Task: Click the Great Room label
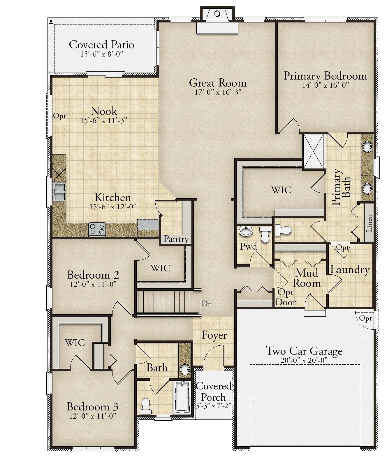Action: click(218, 83)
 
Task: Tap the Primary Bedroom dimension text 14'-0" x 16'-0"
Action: click(325, 85)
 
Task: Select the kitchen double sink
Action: click(59, 192)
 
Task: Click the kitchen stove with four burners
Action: click(97, 229)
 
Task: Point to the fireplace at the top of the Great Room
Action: click(217, 20)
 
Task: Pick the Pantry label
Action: click(176, 239)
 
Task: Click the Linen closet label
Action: click(369, 223)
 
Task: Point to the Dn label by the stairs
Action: click(207, 303)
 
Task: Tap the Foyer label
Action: click(214, 335)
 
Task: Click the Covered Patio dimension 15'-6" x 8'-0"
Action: click(101, 54)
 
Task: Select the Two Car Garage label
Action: click(304, 351)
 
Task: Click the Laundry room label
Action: click(350, 270)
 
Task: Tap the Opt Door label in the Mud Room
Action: click(286, 297)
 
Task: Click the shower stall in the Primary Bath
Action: click(314, 151)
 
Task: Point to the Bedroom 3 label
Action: click(93, 406)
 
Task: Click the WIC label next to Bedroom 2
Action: click(161, 268)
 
